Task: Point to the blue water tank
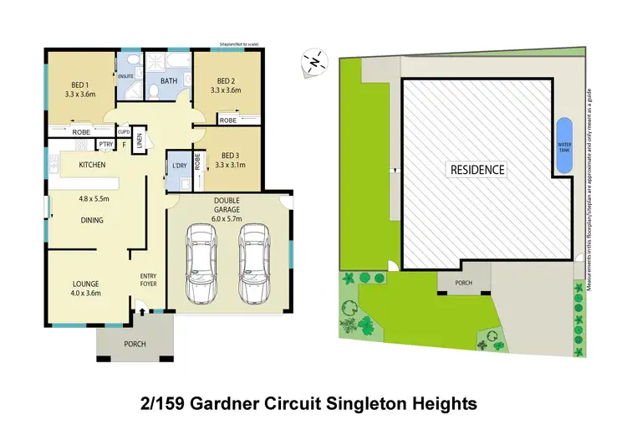[x=563, y=146]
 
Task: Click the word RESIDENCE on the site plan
[x=478, y=170]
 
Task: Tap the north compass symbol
[x=313, y=61]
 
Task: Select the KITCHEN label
[x=91, y=165]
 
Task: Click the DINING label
[x=92, y=221]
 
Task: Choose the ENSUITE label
[x=125, y=76]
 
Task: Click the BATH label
[x=169, y=81]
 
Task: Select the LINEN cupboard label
[x=140, y=142]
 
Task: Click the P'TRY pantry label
[x=105, y=146]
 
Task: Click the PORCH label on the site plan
[x=463, y=283]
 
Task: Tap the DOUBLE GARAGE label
[x=227, y=206]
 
